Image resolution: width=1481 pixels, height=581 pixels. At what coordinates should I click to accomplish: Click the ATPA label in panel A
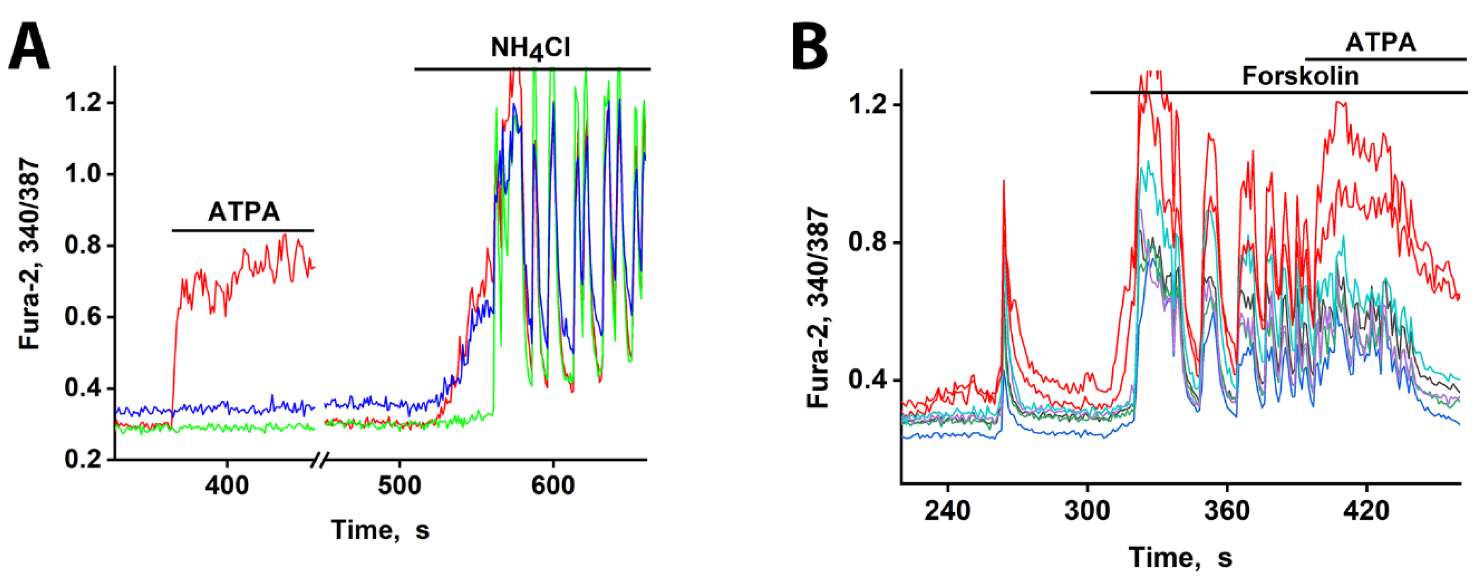(244, 212)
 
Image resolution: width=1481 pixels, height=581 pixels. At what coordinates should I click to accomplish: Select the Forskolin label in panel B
(1300, 76)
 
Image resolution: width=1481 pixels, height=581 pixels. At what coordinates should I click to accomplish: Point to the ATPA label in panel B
(1380, 43)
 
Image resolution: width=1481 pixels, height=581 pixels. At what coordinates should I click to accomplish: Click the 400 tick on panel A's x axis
(227, 486)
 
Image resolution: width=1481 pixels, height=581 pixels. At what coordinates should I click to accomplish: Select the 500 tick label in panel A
(399, 486)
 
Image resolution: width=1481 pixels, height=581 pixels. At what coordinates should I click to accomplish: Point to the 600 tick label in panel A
(552, 486)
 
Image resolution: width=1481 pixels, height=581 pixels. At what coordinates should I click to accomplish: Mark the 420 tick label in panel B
(1367, 510)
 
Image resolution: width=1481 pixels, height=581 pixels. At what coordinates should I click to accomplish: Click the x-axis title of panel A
(380, 529)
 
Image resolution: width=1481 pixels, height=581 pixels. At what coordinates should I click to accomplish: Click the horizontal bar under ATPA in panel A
(242, 231)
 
